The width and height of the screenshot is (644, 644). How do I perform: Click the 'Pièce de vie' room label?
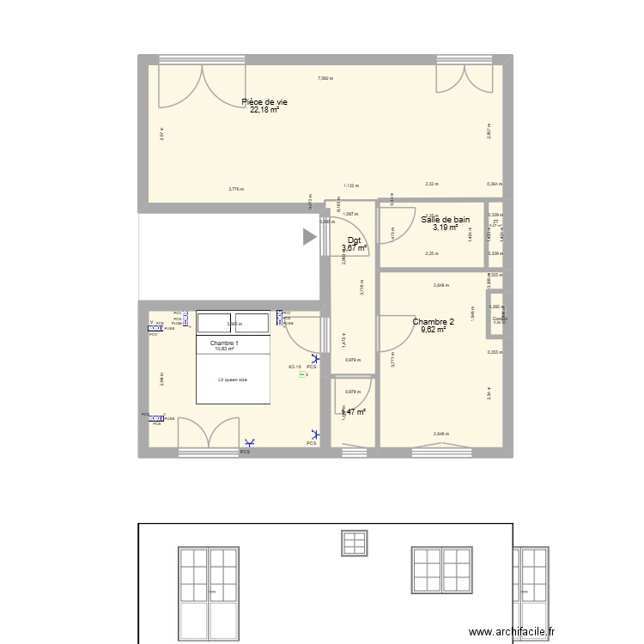coord(264,102)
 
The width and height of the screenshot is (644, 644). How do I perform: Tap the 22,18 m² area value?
coord(264,110)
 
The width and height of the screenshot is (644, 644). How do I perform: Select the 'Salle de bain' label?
coord(445,220)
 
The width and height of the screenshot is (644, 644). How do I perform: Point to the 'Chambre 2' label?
coord(434,322)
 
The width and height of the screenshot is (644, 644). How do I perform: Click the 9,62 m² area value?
coord(434,330)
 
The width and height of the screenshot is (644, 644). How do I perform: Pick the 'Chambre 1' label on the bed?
coord(224,343)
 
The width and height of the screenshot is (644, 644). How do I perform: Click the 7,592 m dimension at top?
coord(325,78)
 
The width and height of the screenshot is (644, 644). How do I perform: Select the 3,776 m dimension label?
coord(235,189)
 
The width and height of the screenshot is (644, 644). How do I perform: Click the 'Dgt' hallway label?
coord(354,240)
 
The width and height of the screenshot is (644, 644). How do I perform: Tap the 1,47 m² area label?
coord(355,412)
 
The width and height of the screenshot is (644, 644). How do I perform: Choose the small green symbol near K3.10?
coord(302,374)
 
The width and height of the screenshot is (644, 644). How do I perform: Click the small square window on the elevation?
coord(354,544)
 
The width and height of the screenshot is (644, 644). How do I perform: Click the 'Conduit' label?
coord(499,319)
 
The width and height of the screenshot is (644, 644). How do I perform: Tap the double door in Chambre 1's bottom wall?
coord(208,433)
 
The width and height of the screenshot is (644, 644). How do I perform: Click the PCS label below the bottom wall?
coord(246,452)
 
